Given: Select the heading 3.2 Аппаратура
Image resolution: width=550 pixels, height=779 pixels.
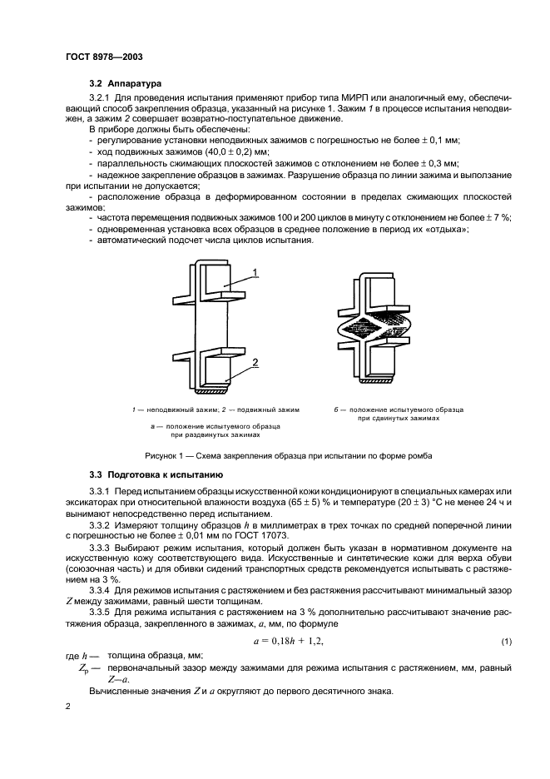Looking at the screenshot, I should click(x=126, y=84).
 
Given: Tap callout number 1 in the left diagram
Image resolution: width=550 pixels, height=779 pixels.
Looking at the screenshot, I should click(x=255, y=271).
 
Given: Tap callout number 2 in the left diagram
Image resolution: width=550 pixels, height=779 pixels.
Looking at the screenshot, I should click(x=255, y=361).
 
